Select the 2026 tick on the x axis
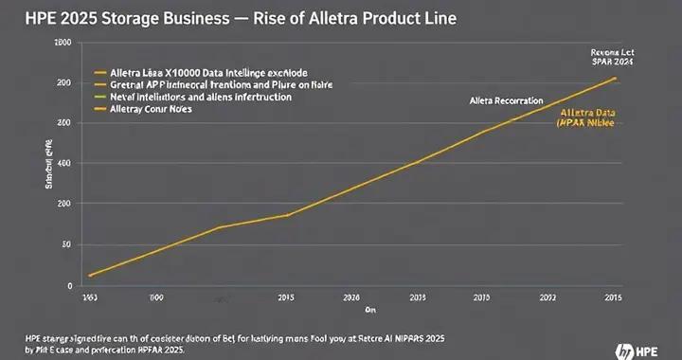coord(350,297)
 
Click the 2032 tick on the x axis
coord(547,297)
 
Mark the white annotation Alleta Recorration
coord(506,99)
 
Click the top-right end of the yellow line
coord(616,78)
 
